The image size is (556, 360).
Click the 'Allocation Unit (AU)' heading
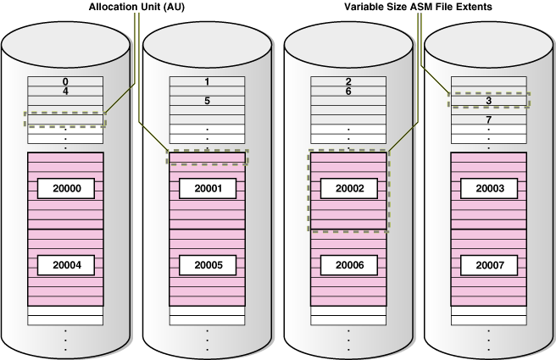tap(137, 8)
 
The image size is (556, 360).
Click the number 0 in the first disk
tap(66, 81)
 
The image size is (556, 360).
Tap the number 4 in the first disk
tap(66, 91)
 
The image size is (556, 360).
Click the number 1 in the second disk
tap(208, 82)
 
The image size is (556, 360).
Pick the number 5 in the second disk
tap(208, 101)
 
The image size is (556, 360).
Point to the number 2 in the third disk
tap(348, 82)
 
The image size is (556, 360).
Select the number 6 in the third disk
tap(348, 91)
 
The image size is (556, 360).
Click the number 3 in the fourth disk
tap(488, 101)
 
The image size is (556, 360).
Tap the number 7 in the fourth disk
tap(488, 120)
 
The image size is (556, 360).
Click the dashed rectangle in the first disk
tap(66, 119)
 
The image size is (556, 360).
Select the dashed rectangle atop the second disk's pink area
tap(208, 158)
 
